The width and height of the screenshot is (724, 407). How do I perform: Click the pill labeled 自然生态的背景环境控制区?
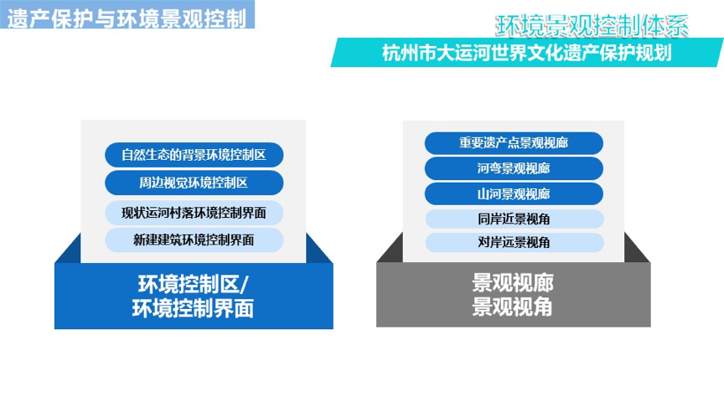point(194,155)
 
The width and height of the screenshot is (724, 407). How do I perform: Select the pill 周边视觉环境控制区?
point(194,183)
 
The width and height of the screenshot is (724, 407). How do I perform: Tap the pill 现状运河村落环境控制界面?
point(194,213)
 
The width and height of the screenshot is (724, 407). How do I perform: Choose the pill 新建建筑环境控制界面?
point(194,240)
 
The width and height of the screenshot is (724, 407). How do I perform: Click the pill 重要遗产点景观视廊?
point(514,143)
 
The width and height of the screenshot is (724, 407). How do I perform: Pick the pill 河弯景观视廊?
point(514,168)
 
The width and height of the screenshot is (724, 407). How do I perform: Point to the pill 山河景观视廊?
point(514,193)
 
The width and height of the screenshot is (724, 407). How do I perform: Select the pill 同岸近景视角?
point(515,219)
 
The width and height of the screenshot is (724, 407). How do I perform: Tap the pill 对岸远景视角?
point(515,242)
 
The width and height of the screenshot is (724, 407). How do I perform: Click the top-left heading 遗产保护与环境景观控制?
point(127,19)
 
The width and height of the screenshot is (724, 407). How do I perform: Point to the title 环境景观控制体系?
point(592,25)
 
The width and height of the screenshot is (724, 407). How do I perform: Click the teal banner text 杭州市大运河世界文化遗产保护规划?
point(527,53)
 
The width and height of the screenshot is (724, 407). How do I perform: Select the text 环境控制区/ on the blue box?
point(194,284)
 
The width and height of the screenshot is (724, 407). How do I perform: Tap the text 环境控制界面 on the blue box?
point(193,308)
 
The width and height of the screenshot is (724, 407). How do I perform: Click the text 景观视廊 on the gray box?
point(513,282)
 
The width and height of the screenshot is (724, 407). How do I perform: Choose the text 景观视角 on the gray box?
point(512,307)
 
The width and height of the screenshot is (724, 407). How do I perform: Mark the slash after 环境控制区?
point(244,284)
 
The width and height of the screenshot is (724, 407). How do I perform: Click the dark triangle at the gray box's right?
point(637,248)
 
